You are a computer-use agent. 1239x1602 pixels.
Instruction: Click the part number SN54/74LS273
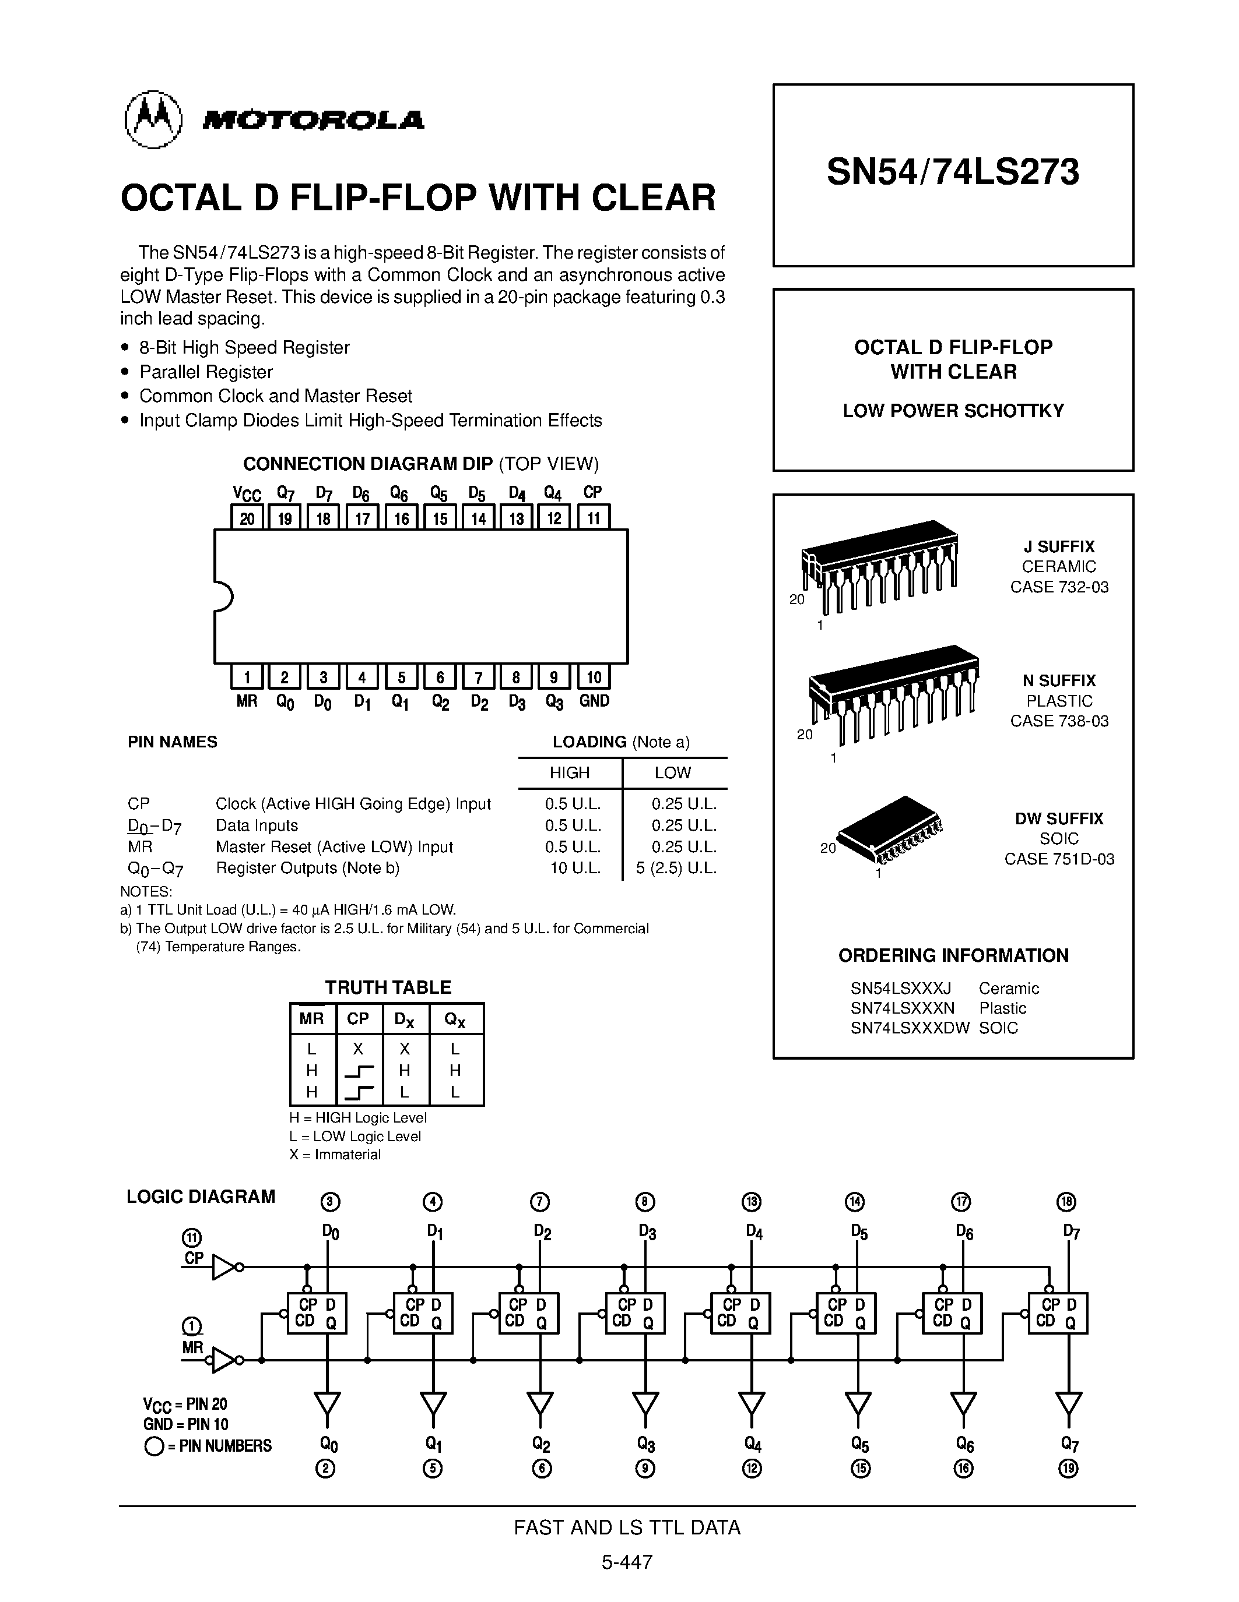point(952,172)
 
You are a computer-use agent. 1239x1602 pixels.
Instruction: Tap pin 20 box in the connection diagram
point(247,518)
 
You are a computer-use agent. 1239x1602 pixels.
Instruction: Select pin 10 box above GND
point(594,677)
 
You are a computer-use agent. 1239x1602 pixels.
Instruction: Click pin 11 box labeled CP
point(593,518)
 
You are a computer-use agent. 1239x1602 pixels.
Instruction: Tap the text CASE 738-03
point(1058,721)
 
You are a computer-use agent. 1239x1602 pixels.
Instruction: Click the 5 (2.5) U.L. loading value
point(676,869)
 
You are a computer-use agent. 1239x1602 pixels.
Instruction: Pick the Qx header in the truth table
point(455,1019)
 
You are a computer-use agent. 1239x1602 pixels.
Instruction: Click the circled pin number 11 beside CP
point(192,1238)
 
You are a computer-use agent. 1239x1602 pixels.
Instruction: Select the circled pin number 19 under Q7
point(1069,1469)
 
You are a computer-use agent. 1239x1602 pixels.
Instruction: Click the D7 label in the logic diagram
point(1071,1232)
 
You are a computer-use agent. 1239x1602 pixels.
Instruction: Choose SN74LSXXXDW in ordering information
point(910,1028)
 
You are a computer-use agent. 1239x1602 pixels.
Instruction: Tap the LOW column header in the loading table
point(672,772)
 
